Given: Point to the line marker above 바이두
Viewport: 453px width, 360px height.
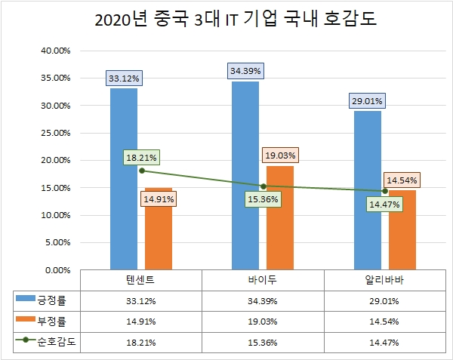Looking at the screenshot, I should (x=263, y=186).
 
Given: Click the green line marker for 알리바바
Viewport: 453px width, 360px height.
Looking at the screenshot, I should (x=385, y=191).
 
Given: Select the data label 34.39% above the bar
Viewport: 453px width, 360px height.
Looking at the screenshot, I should (x=246, y=71).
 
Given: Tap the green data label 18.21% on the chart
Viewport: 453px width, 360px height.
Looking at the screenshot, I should (x=142, y=158).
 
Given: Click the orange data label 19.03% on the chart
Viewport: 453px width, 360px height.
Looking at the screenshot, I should (x=281, y=155).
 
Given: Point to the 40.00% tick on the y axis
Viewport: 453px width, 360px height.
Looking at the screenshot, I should (x=54, y=51).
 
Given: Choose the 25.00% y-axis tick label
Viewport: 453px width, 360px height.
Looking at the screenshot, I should (x=54, y=133).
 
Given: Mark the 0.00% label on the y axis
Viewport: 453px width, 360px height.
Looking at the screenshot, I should (x=57, y=269).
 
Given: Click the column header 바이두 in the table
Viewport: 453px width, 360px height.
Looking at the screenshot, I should (x=263, y=279).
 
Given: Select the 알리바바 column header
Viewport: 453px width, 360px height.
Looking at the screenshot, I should (x=385, y=279).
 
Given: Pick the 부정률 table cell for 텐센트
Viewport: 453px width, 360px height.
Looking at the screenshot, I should (x=141, y=320).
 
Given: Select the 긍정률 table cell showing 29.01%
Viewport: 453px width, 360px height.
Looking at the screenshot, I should (x=385, y=300).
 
